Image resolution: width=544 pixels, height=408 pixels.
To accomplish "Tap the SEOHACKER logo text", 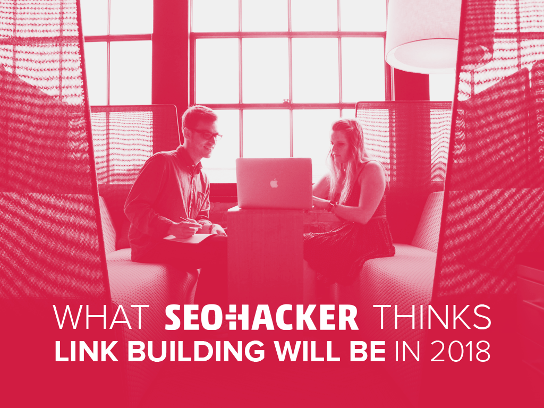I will coord(261,318).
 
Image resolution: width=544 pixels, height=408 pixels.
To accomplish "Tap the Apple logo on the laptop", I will coord(274,184).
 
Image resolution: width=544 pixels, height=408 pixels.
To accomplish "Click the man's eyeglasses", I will coord(207,134).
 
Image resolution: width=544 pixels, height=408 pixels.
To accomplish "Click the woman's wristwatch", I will coord(332,205).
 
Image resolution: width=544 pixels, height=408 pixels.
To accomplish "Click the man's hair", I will coord(197,114).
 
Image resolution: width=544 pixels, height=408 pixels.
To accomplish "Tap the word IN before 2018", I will coord(403,352).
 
